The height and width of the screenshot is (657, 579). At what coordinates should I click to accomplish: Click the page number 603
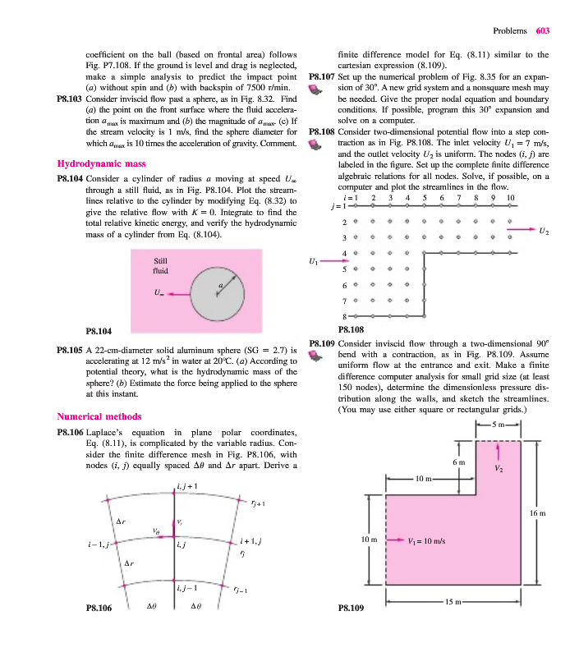tap(542, 31)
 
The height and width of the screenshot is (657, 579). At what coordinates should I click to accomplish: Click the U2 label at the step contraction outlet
tap(542, 232)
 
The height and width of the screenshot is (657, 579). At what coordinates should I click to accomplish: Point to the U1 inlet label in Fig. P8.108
tap(312, 262)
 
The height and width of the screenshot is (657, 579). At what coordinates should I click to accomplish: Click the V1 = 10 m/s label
tap(427, 541)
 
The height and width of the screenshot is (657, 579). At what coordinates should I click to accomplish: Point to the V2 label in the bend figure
tap(500, 469)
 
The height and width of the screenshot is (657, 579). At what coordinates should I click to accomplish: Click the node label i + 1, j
tap(252, 541)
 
